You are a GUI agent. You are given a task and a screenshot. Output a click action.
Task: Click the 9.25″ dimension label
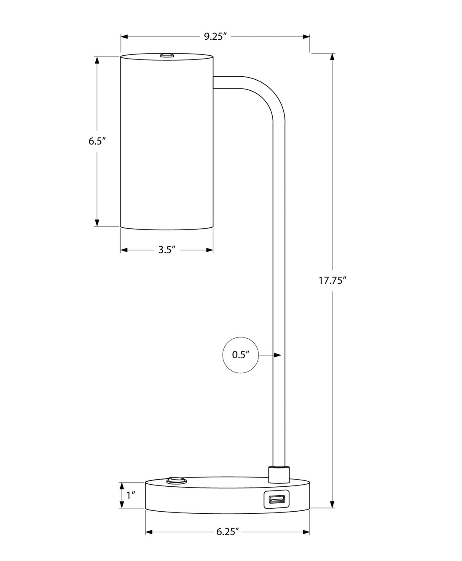[215, 36]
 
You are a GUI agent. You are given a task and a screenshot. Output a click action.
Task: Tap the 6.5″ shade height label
[97, 141]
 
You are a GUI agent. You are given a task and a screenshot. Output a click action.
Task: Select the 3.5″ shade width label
[167, 250]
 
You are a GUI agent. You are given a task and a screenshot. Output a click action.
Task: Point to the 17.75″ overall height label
[332, 280]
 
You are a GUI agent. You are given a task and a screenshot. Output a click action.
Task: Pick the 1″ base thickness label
[131, 495]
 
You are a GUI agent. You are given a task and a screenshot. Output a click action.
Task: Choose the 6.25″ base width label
[228, 532]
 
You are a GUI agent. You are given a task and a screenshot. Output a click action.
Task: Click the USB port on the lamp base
[277, 500]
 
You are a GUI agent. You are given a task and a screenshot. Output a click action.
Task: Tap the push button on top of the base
[177, 480]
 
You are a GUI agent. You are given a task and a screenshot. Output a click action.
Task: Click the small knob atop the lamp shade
[167, 56]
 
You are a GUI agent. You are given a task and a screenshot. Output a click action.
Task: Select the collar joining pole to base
[279, 475]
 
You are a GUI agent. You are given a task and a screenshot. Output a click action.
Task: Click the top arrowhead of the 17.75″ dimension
[332, 57]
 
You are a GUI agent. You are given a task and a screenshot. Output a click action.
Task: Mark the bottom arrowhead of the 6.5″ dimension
[97, 222]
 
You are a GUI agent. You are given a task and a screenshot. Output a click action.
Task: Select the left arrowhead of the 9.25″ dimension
[124, 37]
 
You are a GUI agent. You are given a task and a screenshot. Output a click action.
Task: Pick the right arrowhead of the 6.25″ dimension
[306, 532]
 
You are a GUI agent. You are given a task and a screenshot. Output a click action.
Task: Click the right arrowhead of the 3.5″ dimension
[210, 250]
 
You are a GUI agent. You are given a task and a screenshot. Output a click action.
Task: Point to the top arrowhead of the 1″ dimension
[122, 486]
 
